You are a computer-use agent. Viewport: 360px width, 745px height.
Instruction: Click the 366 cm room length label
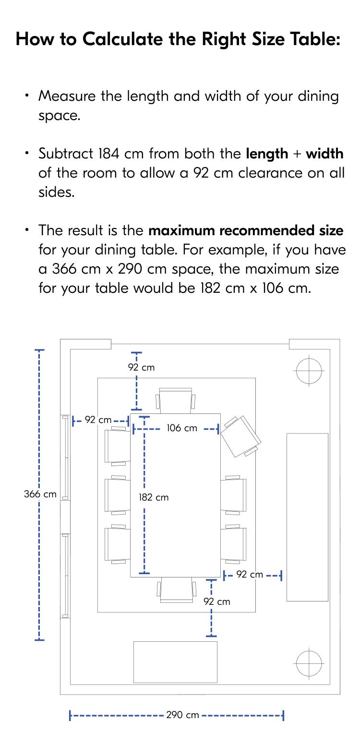(40, 494)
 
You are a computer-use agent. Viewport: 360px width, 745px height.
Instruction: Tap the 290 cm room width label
(182, 715)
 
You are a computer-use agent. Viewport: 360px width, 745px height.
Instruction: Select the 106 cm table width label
(182, 428)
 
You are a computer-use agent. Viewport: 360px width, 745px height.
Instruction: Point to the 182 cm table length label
(154, 497)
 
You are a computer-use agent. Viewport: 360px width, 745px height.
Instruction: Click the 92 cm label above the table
(141, 367)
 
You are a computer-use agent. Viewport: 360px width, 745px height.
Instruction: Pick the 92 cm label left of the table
(98, 420)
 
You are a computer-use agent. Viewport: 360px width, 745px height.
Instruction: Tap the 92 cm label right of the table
(250, 575)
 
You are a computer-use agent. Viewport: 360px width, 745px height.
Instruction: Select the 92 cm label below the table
(217, 601)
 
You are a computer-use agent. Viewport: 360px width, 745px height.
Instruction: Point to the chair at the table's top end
(176, 400)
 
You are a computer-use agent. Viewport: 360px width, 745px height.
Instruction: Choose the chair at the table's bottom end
(176, 589)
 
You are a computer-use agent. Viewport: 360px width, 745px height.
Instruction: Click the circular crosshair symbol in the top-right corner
(309, 371)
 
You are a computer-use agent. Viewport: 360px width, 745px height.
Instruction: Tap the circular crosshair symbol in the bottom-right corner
(309, 664)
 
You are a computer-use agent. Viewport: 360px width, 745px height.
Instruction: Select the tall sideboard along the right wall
(307, 517)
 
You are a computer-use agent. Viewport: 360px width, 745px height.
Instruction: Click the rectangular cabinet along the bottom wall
(175, 661)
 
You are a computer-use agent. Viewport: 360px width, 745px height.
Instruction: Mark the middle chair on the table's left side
(117, 495)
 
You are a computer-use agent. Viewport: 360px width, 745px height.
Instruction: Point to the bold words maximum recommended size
(246, 230)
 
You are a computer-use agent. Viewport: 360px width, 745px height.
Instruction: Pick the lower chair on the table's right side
(234, 544)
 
